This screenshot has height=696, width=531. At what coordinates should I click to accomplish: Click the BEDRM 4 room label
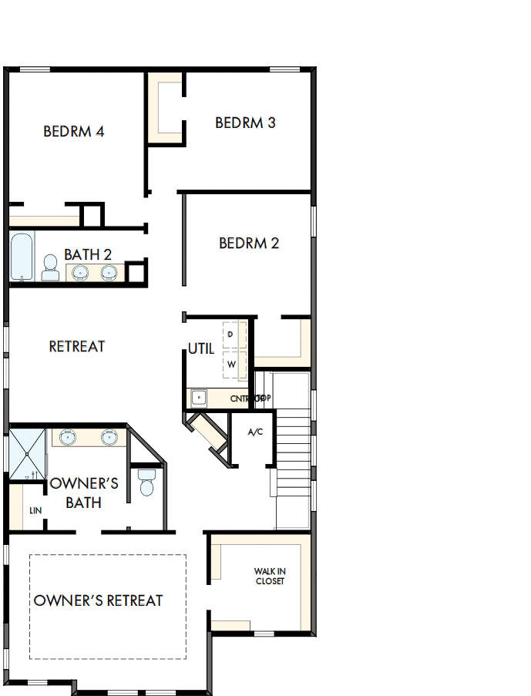click(74, 132)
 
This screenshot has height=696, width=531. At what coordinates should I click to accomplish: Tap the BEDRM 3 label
click(245, 123)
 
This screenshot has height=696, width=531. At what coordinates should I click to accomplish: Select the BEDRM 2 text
click(249, 244)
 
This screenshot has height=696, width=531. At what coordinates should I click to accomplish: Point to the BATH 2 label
click(88, 254)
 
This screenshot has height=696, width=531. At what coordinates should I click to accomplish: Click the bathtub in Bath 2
click(22, 257)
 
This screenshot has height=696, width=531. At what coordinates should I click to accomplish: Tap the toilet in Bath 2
click(50, 269)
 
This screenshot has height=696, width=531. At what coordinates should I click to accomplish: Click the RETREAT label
click(77, 347)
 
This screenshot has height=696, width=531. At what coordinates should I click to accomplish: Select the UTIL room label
click(201, 349)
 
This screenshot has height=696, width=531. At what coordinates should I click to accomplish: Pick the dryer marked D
click(231, 335)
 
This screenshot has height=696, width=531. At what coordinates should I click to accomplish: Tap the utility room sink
click(199, 398)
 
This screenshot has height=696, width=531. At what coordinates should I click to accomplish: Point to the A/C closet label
click(255, 432)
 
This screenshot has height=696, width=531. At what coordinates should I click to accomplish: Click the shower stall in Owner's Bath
click(28, 455)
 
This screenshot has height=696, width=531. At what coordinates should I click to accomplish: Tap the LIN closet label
click(35, 510)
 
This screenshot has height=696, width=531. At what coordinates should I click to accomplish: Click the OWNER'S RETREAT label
click(99, 600)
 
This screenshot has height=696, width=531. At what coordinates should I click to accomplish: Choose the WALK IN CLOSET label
click(270, 577)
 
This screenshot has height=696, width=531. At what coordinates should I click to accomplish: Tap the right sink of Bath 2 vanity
click(109, 272)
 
